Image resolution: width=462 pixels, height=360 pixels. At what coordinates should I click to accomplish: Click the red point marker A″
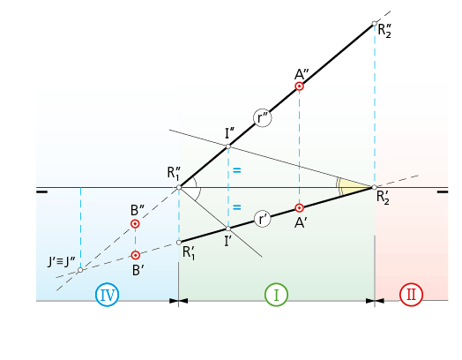300,86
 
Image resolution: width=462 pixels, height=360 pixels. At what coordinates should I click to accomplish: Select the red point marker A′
300,208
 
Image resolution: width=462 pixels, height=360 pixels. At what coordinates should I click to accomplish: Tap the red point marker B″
135,224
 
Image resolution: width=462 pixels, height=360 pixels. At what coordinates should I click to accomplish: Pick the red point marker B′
135,255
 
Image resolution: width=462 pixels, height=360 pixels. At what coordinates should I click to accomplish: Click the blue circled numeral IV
108,295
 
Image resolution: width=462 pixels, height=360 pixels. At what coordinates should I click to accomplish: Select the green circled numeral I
276,295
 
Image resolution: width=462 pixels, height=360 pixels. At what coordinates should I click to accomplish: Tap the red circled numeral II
412,295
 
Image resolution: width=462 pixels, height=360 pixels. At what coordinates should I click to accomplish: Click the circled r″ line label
263,118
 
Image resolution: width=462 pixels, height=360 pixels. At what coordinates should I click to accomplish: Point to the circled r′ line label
263,219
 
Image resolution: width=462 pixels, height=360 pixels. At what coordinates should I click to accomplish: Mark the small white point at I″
228,146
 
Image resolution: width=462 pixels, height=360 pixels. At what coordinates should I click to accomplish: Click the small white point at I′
228,229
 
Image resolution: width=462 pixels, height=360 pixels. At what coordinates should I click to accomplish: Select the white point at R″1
179,188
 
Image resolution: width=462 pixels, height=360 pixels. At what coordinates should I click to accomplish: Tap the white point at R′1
179,243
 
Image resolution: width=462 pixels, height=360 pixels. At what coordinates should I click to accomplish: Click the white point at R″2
375,24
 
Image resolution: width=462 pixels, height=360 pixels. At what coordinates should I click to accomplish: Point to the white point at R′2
375,187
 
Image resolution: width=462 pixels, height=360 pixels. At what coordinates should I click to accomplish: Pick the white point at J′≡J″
80,270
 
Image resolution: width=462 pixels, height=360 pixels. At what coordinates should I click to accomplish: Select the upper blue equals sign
237,170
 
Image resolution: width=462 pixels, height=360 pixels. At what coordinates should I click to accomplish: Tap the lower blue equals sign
237,207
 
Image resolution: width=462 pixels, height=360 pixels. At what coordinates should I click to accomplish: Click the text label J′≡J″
62,261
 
